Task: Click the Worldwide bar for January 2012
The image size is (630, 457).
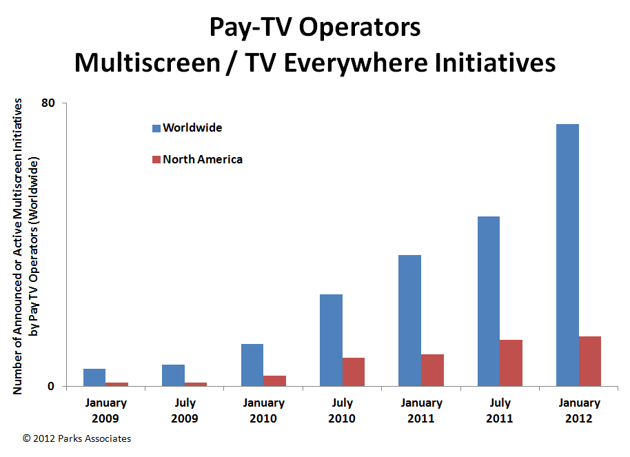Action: point(567,255)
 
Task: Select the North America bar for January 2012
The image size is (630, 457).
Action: point(590,361)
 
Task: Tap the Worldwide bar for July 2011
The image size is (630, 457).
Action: point(489,301)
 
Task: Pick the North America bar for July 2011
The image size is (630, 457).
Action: point(511,363)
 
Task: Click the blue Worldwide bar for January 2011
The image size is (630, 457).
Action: point(409,321)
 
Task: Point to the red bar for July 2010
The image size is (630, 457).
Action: point(354,372)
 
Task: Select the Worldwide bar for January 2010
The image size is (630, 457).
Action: point(252,365)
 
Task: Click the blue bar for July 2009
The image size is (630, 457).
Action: point(173,375)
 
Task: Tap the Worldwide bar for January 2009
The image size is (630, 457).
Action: point(94,377)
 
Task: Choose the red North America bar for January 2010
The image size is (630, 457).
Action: point(274,380)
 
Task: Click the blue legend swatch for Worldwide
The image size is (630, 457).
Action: point(156,128)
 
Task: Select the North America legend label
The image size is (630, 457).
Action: point(203,159)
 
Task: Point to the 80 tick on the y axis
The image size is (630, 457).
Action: point(48,103)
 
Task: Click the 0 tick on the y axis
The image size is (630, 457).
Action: point(51,386)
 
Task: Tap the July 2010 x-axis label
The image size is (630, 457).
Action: point(342,410)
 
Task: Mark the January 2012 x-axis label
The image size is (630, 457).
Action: point(578,410)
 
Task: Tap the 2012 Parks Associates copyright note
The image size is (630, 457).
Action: point(77,438)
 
